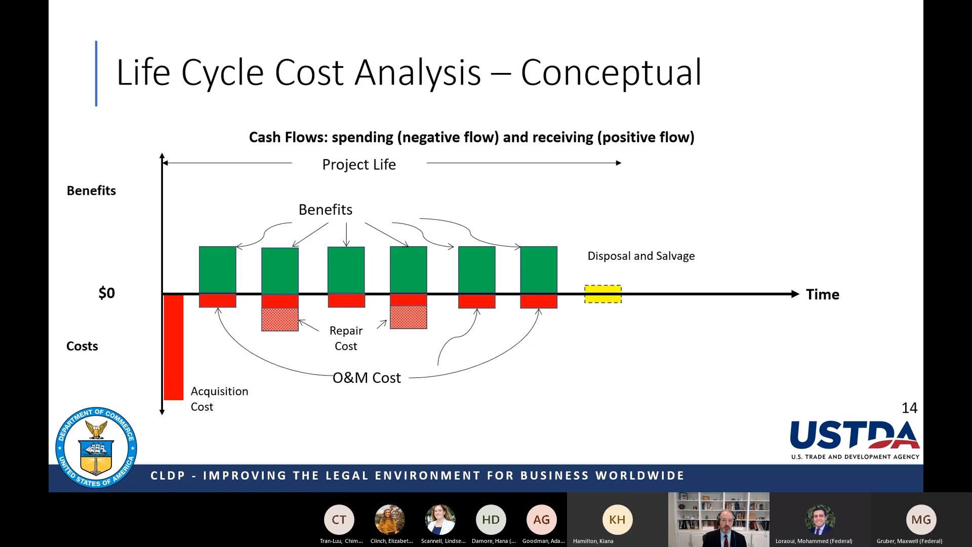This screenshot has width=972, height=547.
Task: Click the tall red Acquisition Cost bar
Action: click(174, 347)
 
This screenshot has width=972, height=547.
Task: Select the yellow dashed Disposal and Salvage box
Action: click(603, 294)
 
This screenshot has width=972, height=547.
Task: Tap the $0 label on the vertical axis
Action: click(107, 293)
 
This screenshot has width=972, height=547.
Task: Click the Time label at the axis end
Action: click(823, 294)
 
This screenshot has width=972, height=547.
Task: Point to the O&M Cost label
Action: click(367, 378)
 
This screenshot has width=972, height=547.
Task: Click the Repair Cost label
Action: click(346, 338)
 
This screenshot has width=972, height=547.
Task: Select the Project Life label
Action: click(359, 165)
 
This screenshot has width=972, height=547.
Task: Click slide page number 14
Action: click(909, 408)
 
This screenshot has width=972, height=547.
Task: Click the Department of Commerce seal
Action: click(96, 448)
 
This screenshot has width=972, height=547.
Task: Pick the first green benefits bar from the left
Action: click(218, 270)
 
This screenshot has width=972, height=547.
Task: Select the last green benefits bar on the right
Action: click(539, 270)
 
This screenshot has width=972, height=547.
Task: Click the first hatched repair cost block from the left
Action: click(280, 320)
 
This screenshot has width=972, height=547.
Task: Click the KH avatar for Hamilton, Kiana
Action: click(617, 520)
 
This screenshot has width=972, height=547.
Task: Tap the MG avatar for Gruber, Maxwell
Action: click(921, 520)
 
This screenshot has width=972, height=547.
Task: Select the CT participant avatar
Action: click(339, 520)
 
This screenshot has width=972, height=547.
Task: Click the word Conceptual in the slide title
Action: click(611, 73)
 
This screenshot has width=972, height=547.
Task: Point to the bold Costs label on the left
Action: click(82, 346)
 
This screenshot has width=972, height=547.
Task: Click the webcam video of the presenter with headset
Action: click(719, 520)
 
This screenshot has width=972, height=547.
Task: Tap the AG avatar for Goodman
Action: click(541, 520)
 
